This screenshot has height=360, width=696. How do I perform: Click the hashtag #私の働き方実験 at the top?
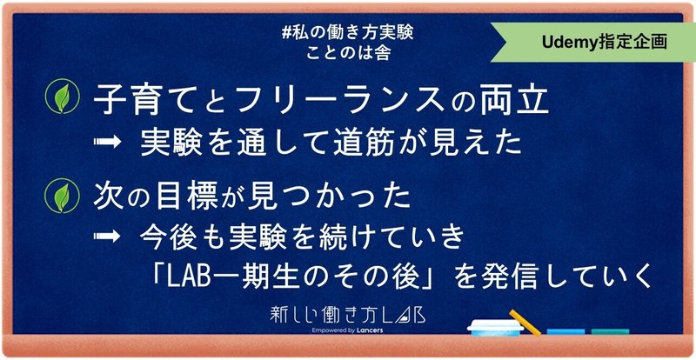[347, 34]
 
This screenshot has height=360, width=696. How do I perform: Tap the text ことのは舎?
[347, 53]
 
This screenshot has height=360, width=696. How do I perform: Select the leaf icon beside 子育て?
[63, 96]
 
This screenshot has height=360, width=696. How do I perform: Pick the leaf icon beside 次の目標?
[63, 196]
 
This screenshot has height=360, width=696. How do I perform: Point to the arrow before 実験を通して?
[107, 142]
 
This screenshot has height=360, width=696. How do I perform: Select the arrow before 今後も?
[107, 236]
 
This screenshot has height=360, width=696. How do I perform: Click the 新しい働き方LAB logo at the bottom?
[347, 315]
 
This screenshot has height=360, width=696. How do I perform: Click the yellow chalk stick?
[525, 323]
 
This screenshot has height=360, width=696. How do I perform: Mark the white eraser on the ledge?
[495, 328]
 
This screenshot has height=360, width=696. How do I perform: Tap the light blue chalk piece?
[565, 331]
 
